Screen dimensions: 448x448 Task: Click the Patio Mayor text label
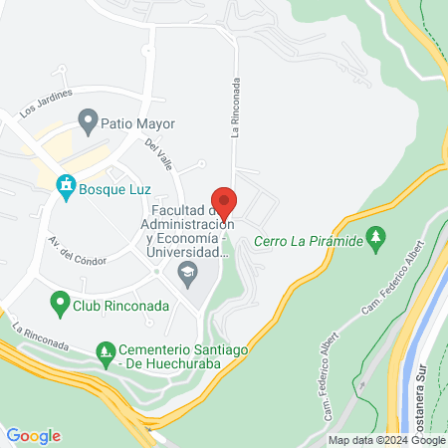[x=140, y=124]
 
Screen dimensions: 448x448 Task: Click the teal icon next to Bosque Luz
[x=66, y=184]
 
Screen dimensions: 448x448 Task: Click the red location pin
[x=224, y=202]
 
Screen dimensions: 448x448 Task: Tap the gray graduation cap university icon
[x=187, y=272]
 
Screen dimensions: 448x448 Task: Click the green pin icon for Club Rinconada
[x=59, y=301]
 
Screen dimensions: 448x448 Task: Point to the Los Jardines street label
[x=47, y=102]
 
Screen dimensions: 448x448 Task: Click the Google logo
[x=33, y=436]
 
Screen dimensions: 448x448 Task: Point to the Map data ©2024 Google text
[x=387, y=440]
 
